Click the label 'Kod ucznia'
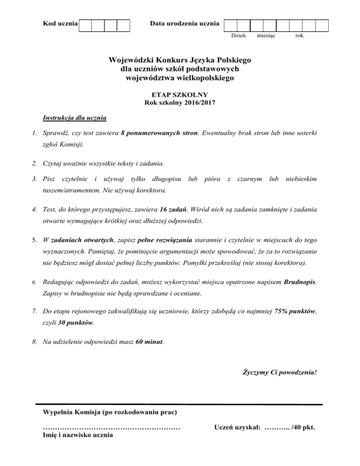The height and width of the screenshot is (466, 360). click(x=60, y=23)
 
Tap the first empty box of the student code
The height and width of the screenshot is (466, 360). click(x=85, y=25)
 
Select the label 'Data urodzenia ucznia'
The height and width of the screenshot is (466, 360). click(x=184, y=23)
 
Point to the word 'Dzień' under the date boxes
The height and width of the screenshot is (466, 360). click(x=238, y=36)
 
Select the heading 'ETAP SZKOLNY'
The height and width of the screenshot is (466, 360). click(x=180, y=95)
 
